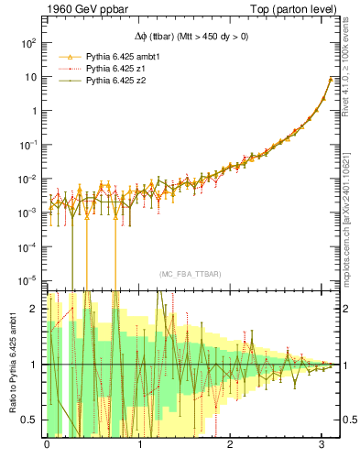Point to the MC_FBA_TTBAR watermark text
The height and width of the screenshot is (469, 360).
pyautogui.click(x=188, y=275)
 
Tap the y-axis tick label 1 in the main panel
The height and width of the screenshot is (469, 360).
pyautogui.click(x=32, y=111)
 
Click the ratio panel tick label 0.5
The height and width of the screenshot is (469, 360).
pyautogui.click(x=27, y=420)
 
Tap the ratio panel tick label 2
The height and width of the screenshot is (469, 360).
pyautogui.click(x=32, y=309)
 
